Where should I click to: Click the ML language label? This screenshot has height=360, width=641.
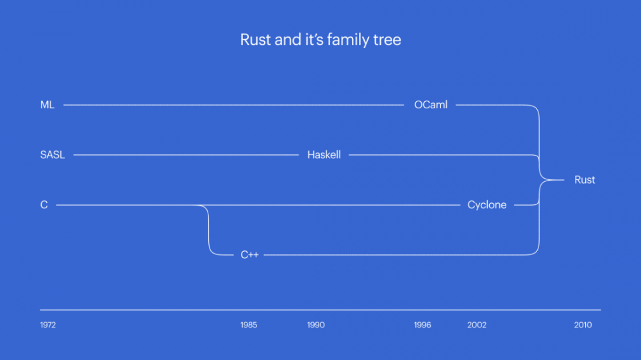pyautogui.click(x=47, y=105)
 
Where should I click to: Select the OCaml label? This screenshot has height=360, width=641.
pyautogui.click(x=431, y=105)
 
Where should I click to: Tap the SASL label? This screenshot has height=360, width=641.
pyautogui.click(x=53, y=155)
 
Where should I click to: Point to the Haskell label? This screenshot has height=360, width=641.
pyautogui.click(x=324, y=155)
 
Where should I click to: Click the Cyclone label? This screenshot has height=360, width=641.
pyautogui.click(x=487, y=205)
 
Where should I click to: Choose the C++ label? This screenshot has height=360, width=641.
pyautogui.click(x=249, y=255)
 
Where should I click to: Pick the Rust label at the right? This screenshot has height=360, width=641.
pyautogui.click(x=585, y=180)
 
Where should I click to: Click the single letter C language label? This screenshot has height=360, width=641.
pyautogui.click(x=44, y=205)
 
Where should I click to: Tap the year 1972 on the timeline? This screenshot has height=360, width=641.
pyautogui.click(x=48, y=325)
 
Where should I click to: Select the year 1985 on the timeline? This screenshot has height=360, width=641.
pyautogui.click(x=249, y=325)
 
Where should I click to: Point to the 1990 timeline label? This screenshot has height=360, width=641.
pyautogui.click(x=316, y=325)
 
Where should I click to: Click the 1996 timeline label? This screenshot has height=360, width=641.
pyautogui.click(x=422, y=325)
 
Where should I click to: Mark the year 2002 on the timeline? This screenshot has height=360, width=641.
pyautogui.click(x=477, y=325)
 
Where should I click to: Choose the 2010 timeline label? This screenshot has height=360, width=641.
pyautogui.click(x=583, y=325)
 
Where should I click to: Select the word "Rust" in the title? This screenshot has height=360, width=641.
pyautogui.click(x=256, y=40)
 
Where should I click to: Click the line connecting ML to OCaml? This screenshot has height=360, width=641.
pyautogui.click(x=233, y=105)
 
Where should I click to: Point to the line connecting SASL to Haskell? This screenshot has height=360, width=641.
pyautogui.click(x=186, y=155)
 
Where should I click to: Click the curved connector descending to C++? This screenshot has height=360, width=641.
pyautogui.click(x=209, y=231)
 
